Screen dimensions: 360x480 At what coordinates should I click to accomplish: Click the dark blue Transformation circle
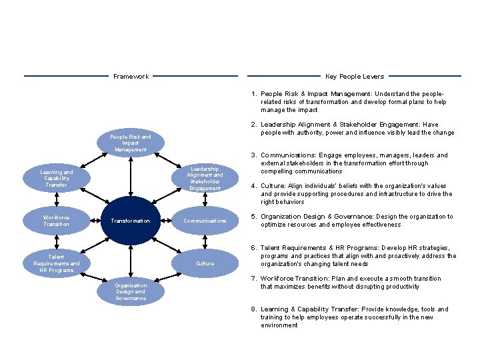(131, 221)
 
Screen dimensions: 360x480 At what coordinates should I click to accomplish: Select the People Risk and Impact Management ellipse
(131, 143)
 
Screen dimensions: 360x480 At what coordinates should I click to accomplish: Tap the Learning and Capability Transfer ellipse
(57, 178)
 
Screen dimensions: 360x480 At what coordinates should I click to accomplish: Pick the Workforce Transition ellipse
(57, 221)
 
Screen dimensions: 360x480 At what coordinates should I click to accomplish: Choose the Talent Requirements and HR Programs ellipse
(57, 263)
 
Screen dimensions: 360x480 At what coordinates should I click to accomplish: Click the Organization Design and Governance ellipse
(131, 291)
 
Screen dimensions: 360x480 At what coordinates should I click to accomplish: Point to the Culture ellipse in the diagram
(205, 263)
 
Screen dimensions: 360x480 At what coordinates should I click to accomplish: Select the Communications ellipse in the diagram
(205, 221)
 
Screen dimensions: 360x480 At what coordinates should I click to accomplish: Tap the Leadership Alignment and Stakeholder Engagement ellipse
(205, 178)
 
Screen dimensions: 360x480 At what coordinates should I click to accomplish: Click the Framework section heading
(131, 77)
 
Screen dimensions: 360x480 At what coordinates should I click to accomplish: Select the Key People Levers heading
(354, 77)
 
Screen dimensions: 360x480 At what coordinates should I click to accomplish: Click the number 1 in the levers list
(254, 94)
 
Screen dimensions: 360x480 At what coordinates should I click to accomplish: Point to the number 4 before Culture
(254, 186)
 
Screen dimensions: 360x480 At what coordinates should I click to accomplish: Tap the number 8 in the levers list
(254, 309)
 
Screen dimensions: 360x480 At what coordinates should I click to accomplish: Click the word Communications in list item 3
(285, 155)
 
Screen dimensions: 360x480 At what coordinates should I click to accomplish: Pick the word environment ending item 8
(279, 325)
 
